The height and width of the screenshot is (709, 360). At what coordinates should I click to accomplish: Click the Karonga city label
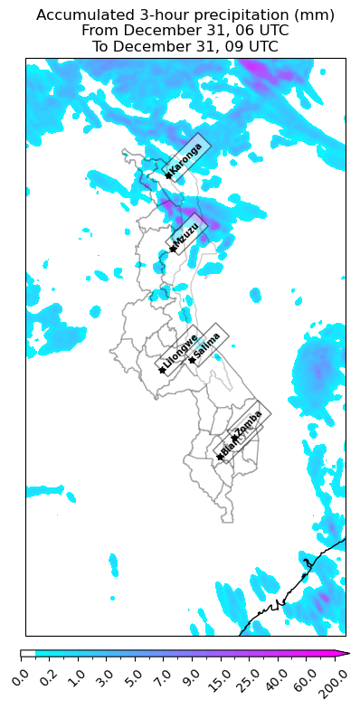[x=186, y=158]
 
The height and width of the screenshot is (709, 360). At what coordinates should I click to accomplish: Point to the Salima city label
[x=208, y=345]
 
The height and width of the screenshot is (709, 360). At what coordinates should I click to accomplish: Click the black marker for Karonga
[x=168, y=175]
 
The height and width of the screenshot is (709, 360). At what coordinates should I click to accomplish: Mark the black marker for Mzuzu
[x=172, y=250]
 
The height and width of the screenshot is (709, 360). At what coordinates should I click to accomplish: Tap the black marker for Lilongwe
[x=162, y=370]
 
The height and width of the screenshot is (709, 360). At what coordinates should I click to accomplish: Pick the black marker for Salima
[x=191, y=360]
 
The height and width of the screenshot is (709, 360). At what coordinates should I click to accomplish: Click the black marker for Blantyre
[x=220, y=457]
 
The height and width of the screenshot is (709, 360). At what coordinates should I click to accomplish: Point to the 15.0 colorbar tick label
[x=216, y=677]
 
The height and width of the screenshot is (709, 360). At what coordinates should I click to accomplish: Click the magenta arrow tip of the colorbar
[x=345, y=653]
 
